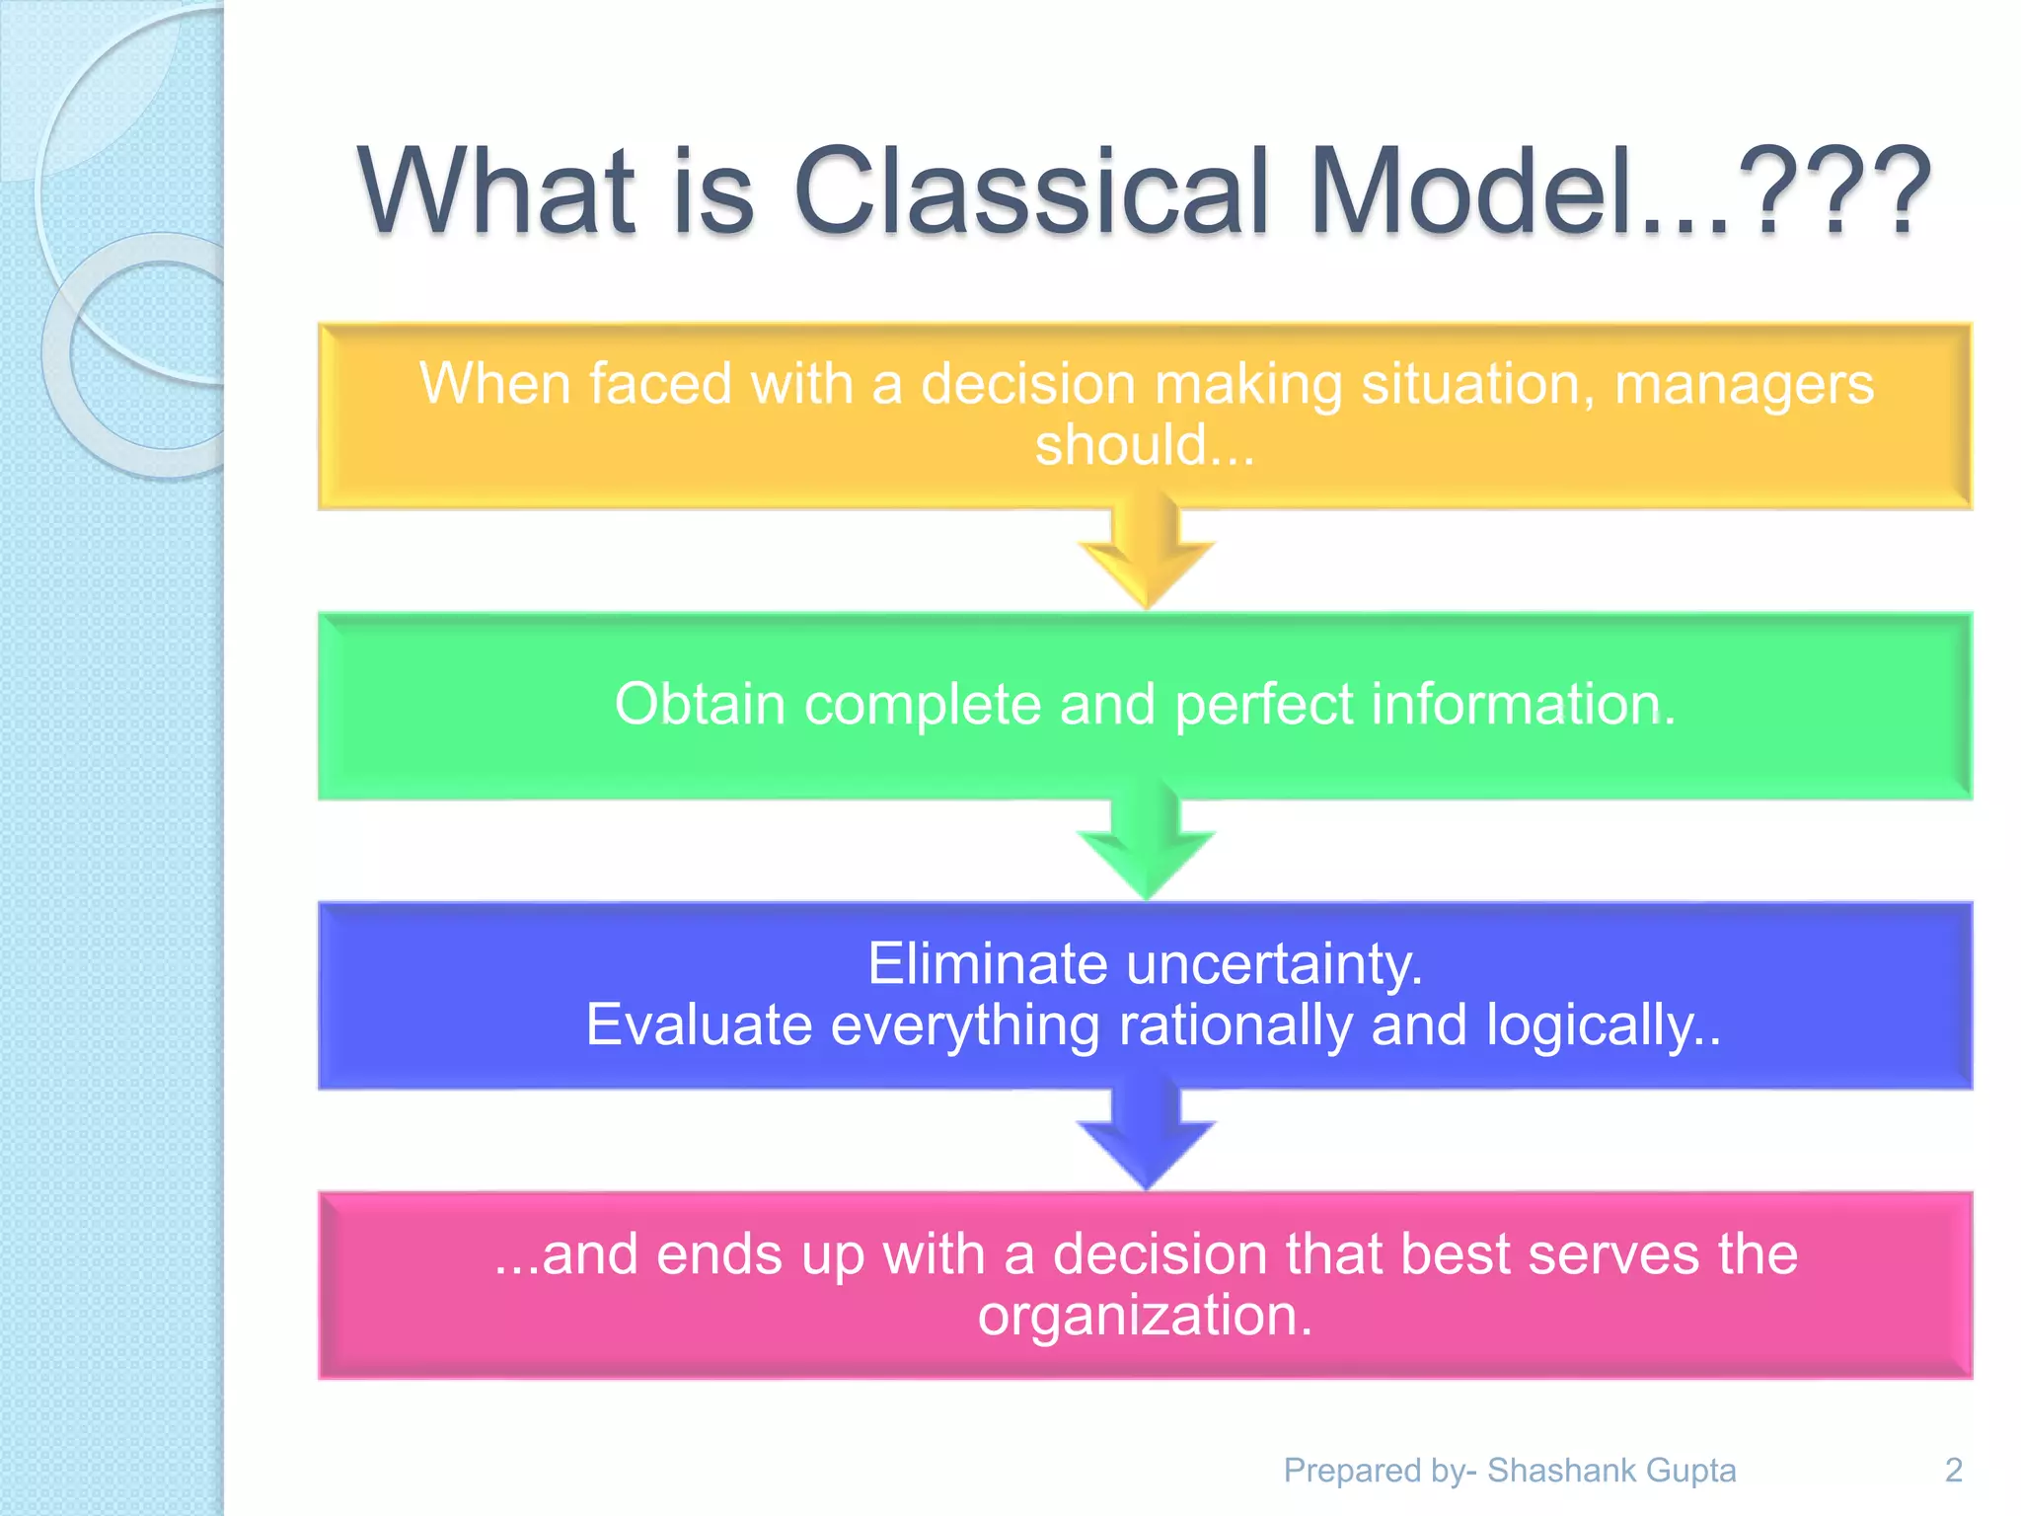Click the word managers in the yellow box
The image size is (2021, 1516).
pyautogui.click(x=1744, y=385)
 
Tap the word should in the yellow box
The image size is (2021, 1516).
pyautogui.click(x=1121, y=445)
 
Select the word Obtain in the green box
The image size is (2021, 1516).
pyautogui.click(x=699, y=705)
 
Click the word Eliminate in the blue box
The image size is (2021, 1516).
pyautogui.click(x=987, y=963)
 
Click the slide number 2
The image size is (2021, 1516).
pyautogui.click(x=1953, y=1471)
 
